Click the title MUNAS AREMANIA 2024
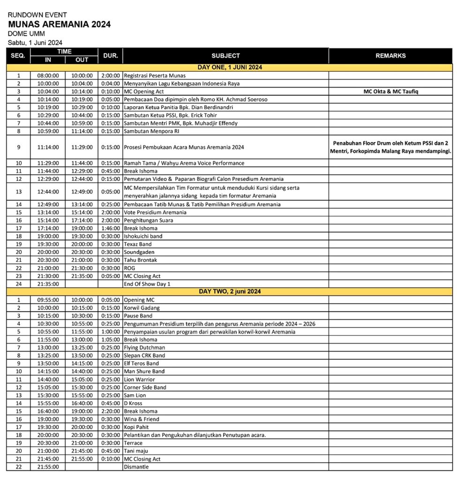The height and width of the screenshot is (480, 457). click(60, 24)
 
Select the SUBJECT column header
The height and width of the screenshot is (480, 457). click(225, 56)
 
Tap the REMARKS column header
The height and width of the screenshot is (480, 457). click(390, 56)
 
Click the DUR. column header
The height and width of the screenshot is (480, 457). click(110, 56)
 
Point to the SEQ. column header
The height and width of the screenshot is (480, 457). click(18, 56)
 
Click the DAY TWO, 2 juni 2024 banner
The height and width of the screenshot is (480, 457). click(230, 292)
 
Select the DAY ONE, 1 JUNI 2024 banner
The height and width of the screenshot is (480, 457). click(230, 67)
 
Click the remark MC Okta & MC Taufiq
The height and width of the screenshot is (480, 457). click(390, 91)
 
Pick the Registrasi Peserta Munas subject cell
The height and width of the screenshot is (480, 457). click(155, 75)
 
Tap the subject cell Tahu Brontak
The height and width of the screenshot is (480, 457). click(140, 260)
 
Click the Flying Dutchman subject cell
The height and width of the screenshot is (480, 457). click(144, 348)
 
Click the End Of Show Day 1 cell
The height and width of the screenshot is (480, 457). click(147, 284)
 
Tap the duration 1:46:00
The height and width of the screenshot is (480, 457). click(110, 228)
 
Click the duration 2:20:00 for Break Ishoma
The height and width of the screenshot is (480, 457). click(110, 411)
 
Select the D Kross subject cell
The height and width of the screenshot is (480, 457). click(133, 403)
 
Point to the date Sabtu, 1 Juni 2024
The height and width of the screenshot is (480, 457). click(35, 43)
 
